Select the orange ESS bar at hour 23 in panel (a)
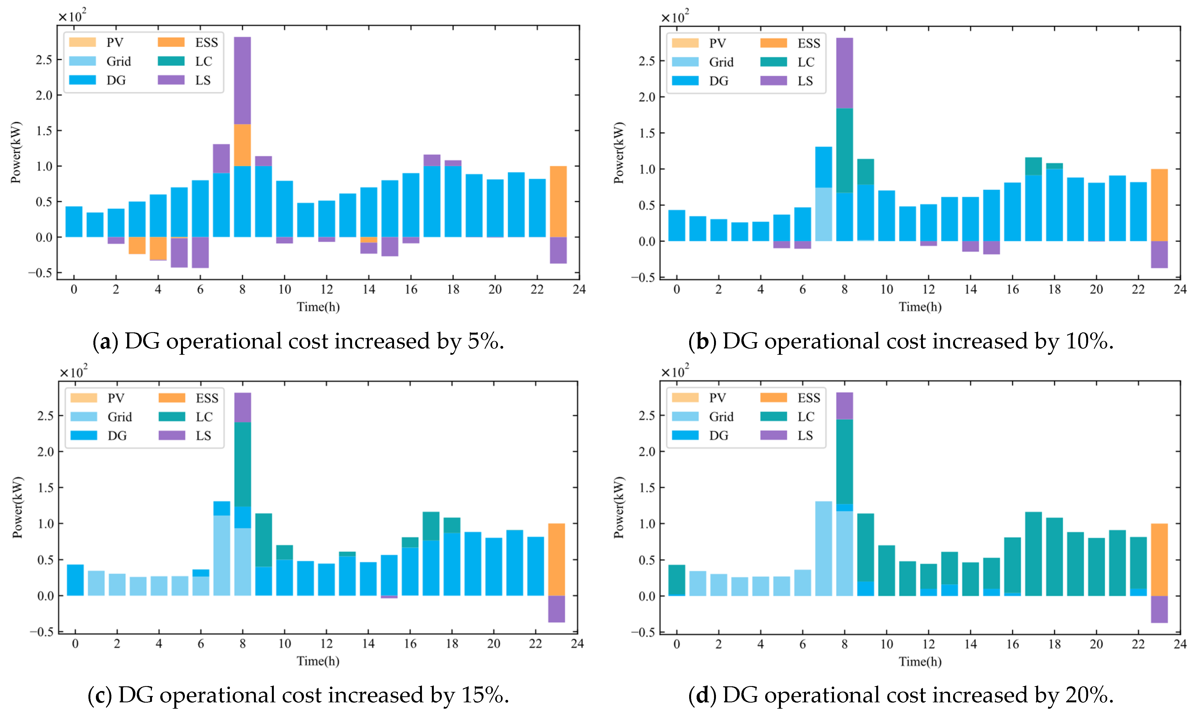click(558, 202)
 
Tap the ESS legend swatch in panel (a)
click(171, 42)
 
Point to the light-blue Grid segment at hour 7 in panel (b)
click(823, 214)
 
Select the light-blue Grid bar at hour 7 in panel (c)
click(221, 555)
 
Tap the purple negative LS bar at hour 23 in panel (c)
click(557, 608)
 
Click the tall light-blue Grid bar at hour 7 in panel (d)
click(823, 548)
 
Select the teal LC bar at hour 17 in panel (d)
click(1033, 554)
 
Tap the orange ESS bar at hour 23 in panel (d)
click(1159, 559)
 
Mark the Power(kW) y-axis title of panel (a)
click(16, 153)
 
